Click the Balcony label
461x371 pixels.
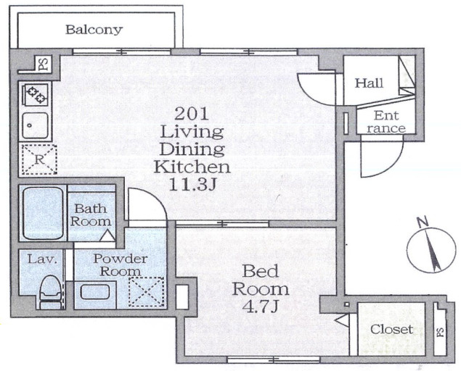tap(94, 30)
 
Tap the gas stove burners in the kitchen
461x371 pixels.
tap(36, 94)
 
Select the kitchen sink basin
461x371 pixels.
tap(36, 125)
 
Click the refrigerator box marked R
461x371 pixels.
tap(39, 160)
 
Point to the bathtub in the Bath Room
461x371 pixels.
tap(43, 213)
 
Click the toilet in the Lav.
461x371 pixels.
tap(50, 292)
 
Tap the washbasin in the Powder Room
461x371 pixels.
tap(95, 292)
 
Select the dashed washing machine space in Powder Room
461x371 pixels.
tap(147, 292)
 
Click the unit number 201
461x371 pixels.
tap(192, 114)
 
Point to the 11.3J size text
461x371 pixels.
tap(193, 185)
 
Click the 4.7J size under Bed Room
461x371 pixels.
tap(260, 307)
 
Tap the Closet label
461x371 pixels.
tap(391, 329)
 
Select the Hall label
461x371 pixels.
tap(369, 83)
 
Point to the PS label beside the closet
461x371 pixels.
tap(440, 332)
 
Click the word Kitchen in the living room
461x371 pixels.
tap(192, 167)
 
